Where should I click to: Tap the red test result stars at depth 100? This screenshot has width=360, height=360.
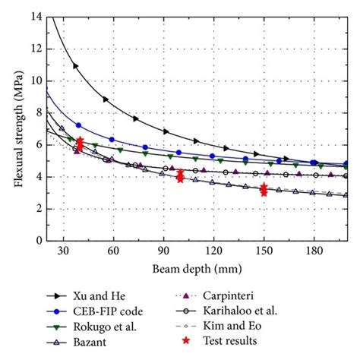coord(180,176)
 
